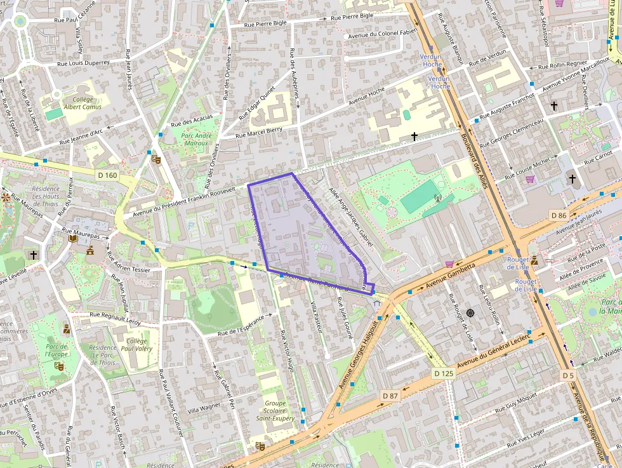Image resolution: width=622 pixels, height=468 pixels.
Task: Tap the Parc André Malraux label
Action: pos(195,139)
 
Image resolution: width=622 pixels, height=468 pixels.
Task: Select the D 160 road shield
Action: pos(108,175)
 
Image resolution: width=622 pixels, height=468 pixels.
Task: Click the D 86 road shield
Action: pos(559,215)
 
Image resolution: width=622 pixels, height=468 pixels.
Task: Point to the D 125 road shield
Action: pos(444,373)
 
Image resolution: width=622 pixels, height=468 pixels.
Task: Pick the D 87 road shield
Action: pos(390,396)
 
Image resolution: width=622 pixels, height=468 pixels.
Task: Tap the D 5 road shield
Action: pos(567,376)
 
